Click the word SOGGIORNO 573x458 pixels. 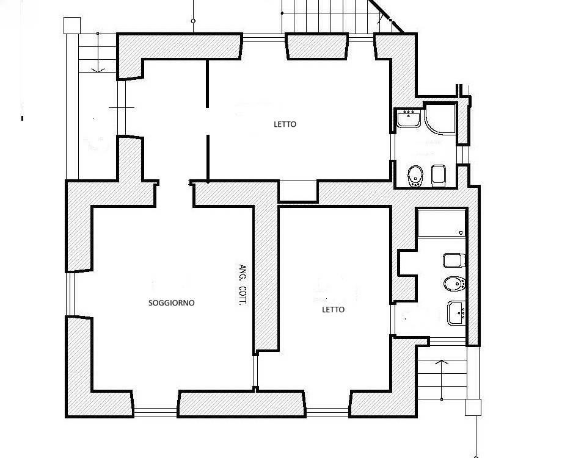coord(172,303)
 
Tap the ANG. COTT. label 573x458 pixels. coord(243,284)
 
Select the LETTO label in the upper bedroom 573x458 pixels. coord(285,124)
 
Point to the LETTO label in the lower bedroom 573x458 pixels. coord(333,309)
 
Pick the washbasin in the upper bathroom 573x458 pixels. coord(409,118)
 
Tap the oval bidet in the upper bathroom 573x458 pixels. coord(415,176)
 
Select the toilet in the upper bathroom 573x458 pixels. coord(439,176)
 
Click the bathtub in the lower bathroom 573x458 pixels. coord(442,223)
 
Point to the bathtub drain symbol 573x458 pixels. coord(461,232)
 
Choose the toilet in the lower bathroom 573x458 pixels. coord(454,260)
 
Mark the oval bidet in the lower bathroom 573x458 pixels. coord(454,284)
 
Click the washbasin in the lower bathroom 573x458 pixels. coord(456,313)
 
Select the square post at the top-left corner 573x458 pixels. coord(72,25)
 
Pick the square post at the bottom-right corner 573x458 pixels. coord(473,407)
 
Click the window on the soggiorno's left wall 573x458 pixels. coord(70,294)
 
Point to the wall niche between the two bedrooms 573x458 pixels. coord(298,191)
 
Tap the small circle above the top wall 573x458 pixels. coord(193,21)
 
